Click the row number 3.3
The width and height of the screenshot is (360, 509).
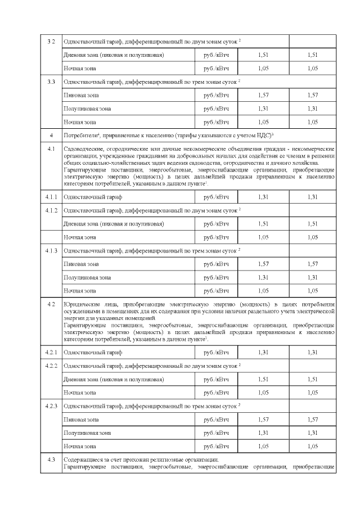click(x=51, y=82)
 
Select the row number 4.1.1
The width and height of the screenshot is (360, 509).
click(x=51, y=197)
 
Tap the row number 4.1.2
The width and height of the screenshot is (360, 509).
click(x=51, y=210)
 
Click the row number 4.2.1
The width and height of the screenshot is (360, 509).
click(x=51, y=352)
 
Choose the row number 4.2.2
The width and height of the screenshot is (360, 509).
click(x=51, y=366)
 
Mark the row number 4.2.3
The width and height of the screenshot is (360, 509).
click(x=51, y=406)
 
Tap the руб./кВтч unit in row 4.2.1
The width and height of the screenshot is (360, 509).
click(x=217, y=352)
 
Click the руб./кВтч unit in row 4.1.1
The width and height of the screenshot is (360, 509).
click(x=217, y=197)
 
